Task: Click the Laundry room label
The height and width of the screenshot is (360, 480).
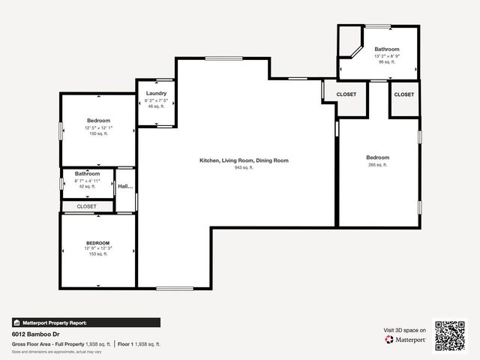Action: [156, 94]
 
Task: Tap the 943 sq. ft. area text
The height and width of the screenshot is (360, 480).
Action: [244, 167]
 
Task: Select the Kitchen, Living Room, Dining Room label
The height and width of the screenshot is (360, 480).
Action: [244, 160]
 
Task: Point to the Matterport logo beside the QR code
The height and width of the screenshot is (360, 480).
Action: [406, 340]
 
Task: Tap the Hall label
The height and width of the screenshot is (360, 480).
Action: [124, 186]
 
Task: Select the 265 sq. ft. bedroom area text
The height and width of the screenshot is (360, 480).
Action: [378, 164]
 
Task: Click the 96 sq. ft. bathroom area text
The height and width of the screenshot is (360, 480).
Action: [387, 62]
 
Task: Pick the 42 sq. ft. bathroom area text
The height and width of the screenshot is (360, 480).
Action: [87, 187]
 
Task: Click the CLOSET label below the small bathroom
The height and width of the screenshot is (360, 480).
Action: [86, 206]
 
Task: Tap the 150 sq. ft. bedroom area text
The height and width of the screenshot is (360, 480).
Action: [98, 134]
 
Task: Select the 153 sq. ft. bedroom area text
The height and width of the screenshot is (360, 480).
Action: [98, 254]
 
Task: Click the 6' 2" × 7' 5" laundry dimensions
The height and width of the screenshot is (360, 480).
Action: [156, 100]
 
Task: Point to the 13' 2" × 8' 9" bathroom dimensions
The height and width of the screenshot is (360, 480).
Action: [387, 55]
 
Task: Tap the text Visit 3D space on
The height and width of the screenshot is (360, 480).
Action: [405, 330]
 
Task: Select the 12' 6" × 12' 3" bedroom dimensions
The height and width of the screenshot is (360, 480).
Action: [98, 248]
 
